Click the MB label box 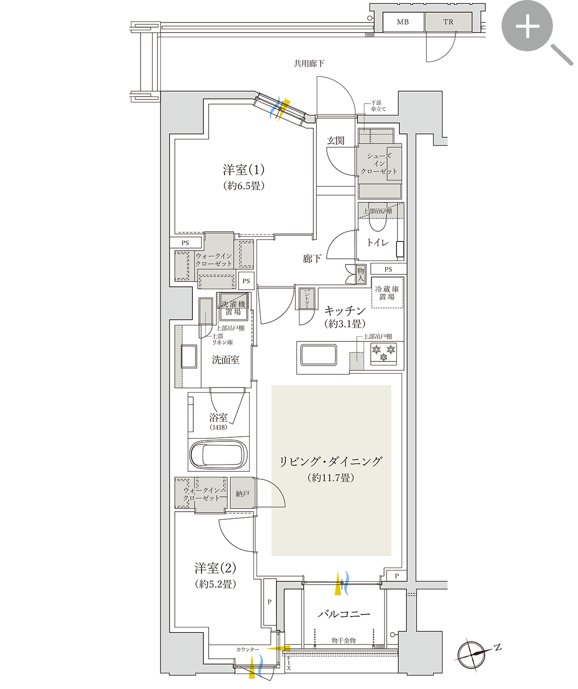click(x=403, y=22)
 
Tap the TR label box click(x=448, y=22)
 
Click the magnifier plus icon click(x=527, y=26)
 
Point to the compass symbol click(x=472, y=655)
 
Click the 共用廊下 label click(x=309, y=64)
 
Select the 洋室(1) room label click(x=244, y=170)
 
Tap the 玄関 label click(x=336, y=140)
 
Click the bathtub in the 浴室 click(x=218, y=454)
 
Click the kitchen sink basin click(x=318, y=355)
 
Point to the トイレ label click(x=378, y=242)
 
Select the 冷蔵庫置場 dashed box click(x=388, y=293)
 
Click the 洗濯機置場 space click(x=234, y=307)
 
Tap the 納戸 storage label click(x=243, y=493)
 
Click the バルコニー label click(x=344, y=614)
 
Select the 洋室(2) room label click(x=215, y=568)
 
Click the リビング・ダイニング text click(x=331, y=461)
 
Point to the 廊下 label click(x=312, y=259)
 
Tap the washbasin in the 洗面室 click(x=189, y=356)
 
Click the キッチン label click(x=345, y=311)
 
